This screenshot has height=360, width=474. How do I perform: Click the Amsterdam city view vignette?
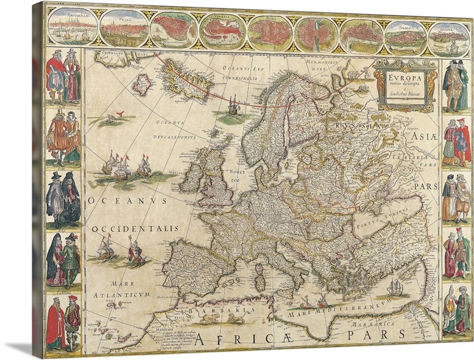[x=72, y=25]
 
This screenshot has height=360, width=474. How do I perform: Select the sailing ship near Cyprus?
[x=395, y=288]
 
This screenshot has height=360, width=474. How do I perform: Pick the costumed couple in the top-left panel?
[x=63, y=77]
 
